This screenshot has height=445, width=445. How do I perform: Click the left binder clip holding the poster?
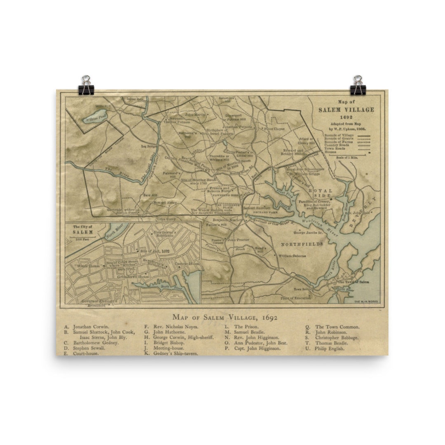[86, 86]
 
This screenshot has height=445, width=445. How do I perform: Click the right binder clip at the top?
[358, 86]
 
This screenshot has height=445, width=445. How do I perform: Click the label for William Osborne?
[292, 256]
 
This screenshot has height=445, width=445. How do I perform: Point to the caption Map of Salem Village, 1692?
[225, 317]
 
